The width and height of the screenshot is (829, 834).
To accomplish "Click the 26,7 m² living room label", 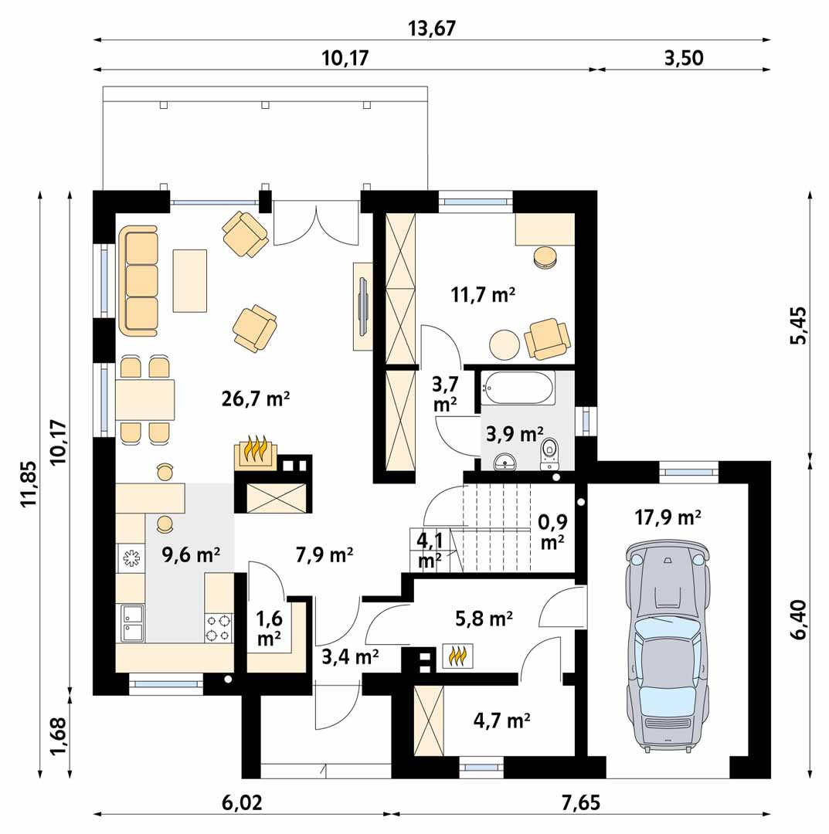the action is tap(256, 398).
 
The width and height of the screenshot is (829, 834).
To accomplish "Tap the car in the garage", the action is tap(668, 647).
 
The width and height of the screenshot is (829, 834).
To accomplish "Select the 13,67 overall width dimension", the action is tap(432, 29).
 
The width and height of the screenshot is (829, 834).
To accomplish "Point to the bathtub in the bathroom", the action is tap(518, 388).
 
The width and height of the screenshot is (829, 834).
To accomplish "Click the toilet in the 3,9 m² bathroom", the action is tap(549, 455).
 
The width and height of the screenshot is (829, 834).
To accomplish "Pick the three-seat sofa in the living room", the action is tap(138, 281).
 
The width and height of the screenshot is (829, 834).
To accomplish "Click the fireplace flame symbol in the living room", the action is tap(256, 451).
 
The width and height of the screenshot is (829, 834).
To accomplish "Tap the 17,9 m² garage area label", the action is tap(668, 517).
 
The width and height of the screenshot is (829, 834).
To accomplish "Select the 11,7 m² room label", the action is tap(483, 294).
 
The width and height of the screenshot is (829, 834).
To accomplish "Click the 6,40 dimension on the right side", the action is tap(798, 620).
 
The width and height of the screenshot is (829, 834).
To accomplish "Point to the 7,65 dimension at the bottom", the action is tap(581, 802).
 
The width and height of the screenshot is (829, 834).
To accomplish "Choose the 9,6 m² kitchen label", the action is tap(191, 554).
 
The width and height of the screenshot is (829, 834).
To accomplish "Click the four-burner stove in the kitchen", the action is tap(219, 628).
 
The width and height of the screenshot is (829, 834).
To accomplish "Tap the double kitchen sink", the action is tap(131, 623).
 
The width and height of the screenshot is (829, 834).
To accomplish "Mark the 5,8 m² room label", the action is tap(484, 619).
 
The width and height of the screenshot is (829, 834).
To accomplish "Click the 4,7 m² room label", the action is tap(501, 720).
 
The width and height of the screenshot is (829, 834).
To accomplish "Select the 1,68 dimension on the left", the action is tap(59, 735).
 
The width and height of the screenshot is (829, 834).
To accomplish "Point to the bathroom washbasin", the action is tap(505, 463).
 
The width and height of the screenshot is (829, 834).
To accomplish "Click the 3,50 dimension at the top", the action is tap(684, 57).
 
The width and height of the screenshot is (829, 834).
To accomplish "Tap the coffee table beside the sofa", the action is tap(190, 281).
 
